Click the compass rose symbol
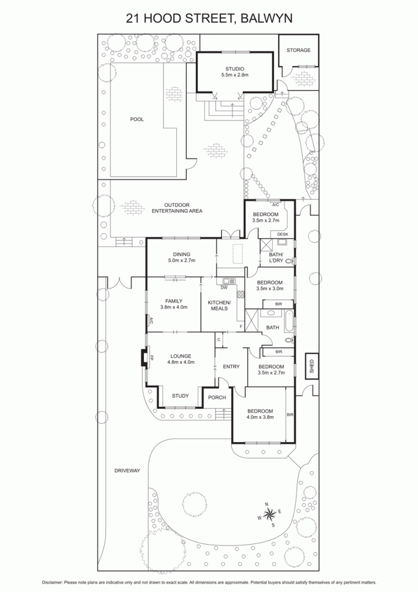coord(269,514)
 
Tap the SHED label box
coord(312,366)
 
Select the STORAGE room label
coord(298,50)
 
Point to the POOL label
coord(136,119)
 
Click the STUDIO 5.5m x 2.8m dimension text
coord(235,75)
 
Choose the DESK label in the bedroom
coord(283,235)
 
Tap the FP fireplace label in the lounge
coord(152,357)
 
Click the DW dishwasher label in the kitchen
coord(224,288)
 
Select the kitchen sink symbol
coord(229,281)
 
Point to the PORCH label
coord(217,397)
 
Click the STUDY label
coord(180,395)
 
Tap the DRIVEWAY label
coord(127,471)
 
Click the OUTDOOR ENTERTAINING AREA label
coord(177,208)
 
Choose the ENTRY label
coord(231,366)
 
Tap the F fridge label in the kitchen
coord(241,326)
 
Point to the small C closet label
coord(219,339)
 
